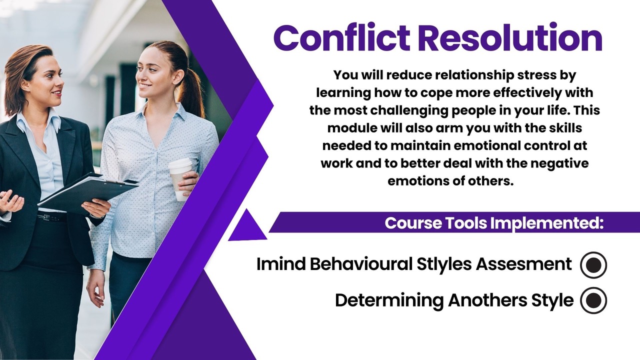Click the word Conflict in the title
tap(342, 37)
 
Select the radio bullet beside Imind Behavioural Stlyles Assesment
tap(593, 265)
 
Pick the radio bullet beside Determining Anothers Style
tap(593, 300)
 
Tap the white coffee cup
tap(180, 179)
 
